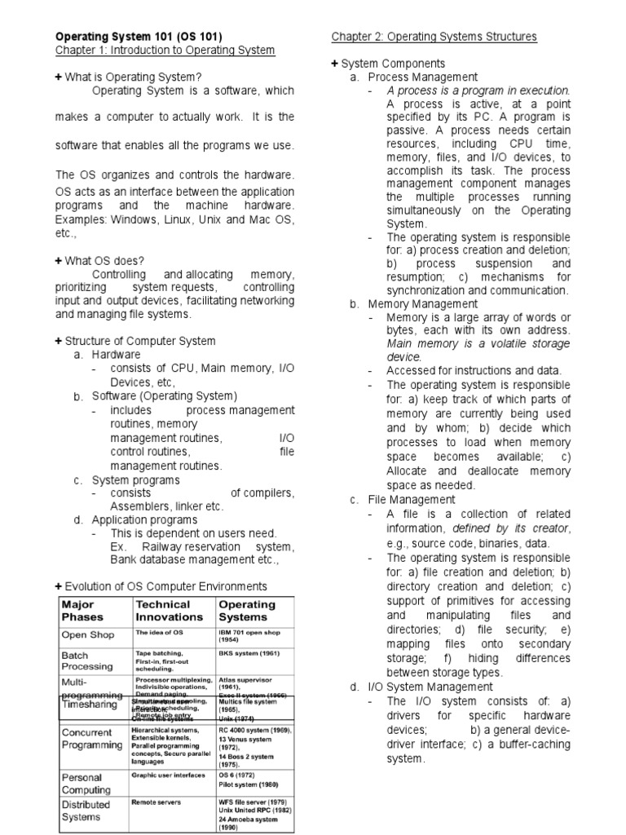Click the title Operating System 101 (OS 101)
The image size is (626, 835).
point(138,37)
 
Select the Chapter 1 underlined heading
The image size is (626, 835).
point(165,51)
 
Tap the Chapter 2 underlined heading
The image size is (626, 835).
point(434,37)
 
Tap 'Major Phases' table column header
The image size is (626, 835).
point(78,611)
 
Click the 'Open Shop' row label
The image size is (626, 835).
point(86,634)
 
